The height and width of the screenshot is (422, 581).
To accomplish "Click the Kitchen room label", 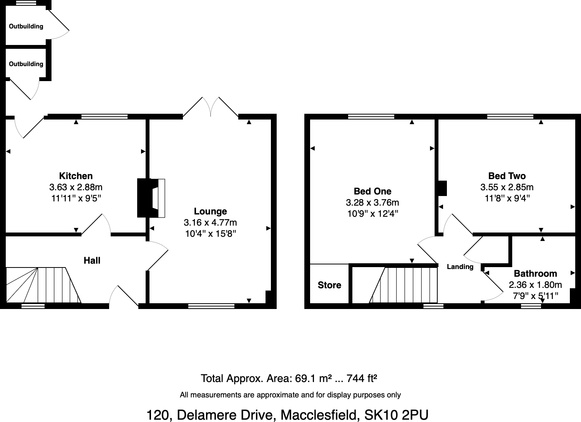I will (76, 176).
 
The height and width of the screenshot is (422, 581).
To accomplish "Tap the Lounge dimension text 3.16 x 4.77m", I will (210, 223).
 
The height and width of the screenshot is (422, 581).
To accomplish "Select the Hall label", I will (92, 261).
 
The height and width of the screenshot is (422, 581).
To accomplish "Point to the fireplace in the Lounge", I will (152, 198).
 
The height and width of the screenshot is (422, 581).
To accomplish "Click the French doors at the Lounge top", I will (211, 107).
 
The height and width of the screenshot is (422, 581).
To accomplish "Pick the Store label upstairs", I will (329, 285).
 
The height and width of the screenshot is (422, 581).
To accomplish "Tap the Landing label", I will (460, 267).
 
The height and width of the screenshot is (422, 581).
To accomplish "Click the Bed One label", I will (372, 191).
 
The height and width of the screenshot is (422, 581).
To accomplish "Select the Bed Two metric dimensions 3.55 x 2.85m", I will (507, 187).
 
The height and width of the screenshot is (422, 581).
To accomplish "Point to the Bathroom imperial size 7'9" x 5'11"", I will (535, 296).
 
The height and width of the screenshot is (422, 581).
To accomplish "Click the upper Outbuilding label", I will (26, 27).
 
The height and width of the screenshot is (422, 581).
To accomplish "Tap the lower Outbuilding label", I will (26, 64).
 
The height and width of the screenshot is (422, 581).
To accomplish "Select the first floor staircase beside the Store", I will (403, 285).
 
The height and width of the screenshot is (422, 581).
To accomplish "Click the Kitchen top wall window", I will (105, 116).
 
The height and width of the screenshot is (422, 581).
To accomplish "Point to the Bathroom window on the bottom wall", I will (531, 306).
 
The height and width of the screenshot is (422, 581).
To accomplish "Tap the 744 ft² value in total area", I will (362, 379).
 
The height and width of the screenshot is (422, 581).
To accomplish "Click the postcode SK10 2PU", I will (396, 415).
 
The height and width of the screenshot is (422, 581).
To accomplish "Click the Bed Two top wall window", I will (510, 116).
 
